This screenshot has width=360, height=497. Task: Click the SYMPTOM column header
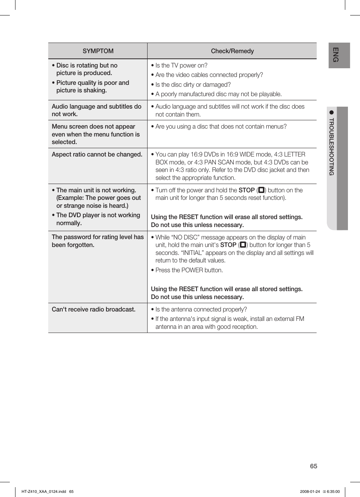98,51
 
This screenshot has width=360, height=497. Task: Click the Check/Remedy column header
232,51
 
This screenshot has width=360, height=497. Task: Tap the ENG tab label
335,55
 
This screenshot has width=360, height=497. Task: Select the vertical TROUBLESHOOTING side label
331,147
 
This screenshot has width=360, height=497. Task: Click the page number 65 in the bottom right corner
313,466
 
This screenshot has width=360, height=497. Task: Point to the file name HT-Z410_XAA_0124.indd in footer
44,491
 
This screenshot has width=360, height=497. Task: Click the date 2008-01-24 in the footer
310,491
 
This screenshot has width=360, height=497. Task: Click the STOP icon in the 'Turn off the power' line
261,190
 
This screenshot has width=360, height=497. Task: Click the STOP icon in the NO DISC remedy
243,245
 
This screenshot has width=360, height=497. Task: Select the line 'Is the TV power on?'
181,65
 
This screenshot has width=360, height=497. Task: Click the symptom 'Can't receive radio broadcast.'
94,309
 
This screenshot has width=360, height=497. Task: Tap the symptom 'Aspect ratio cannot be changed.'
97,154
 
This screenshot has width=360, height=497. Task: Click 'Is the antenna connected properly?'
201,309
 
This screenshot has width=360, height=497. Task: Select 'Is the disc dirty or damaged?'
192,84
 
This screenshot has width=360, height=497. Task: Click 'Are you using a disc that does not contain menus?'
221,126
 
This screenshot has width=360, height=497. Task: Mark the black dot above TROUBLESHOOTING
331,112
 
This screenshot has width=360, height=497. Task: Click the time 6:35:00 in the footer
333,491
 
